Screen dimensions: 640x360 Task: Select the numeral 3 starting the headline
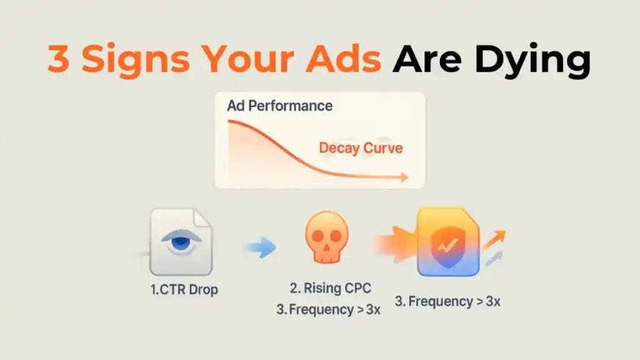point(58,58)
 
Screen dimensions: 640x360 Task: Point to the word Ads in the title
point(343,58)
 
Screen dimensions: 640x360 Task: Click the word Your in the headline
point(247,58)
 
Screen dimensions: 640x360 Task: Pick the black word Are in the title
point(427,59)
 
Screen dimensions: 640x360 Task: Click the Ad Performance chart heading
point(280,106)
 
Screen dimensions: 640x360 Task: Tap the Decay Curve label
point(361,147)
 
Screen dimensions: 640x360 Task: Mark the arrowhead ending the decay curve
point(404,177)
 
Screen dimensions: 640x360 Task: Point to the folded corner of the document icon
point(202,217)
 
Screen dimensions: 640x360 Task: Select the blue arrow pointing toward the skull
point(261,247)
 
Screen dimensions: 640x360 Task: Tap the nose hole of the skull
point(326,247)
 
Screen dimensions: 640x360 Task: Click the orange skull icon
point(326,237)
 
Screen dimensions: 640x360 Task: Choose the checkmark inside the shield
point(447,245)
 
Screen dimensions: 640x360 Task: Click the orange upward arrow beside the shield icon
point(495,239)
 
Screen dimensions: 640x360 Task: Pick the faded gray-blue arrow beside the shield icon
point(494,259)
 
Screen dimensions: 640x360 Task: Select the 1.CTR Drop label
point(184,289)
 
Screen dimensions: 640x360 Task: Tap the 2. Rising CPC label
point(331,288)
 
